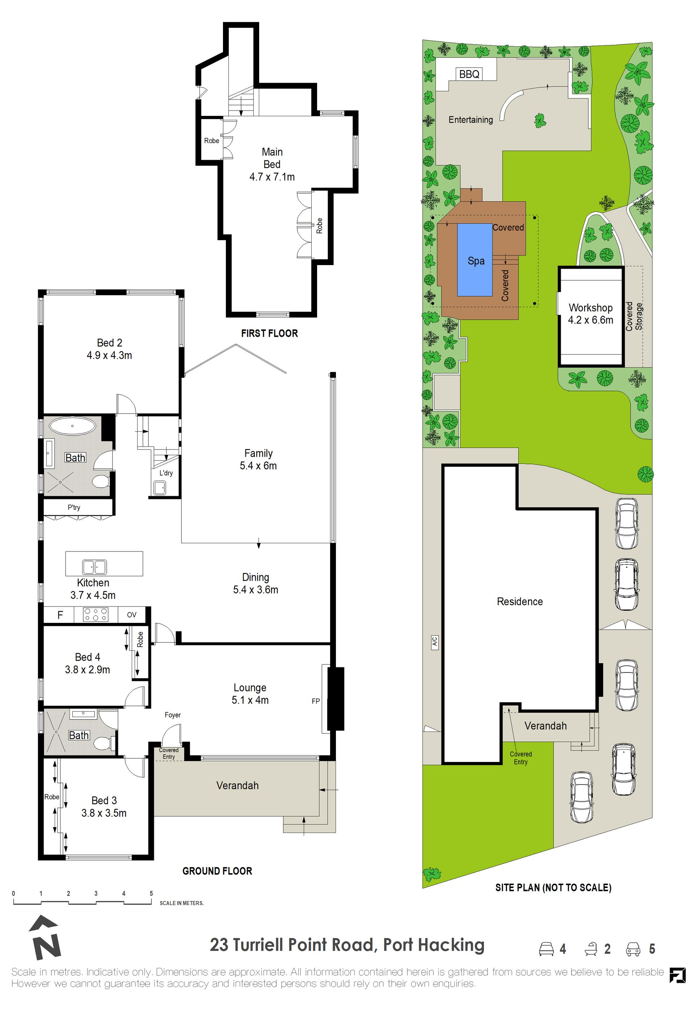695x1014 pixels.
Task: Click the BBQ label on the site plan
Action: pos(469,74)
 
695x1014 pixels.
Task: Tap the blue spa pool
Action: pos(475,260)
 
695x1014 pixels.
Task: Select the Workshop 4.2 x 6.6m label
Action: pos(590,314)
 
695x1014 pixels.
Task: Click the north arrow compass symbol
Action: pos(45,938)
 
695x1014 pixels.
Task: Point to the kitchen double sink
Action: pos(94,567)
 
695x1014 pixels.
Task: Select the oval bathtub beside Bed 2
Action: pos(72,426)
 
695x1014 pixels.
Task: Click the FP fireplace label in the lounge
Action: pos(316,701)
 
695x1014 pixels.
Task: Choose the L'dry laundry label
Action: pos(166,473)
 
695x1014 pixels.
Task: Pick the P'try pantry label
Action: pos(74,507)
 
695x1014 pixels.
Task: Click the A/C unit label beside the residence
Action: pos(435,641)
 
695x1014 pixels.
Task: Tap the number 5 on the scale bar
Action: pos(151,893)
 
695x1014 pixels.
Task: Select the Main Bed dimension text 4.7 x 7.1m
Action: pos(272,177)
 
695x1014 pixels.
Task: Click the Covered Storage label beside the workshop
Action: pos(634,316)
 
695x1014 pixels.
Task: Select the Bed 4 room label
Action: pos(88,657)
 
